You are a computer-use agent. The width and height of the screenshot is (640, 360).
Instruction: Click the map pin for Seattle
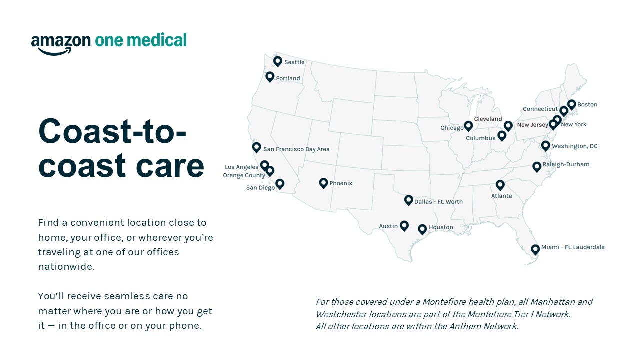click(x=278, y=61)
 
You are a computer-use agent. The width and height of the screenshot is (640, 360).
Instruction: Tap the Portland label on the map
click(x=288, y=78)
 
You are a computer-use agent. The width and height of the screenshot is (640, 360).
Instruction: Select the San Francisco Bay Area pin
click(x=256, y=147)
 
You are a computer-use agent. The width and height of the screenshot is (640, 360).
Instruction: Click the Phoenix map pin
click(x=323, y=183)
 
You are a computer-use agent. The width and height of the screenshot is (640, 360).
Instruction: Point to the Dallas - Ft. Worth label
click(x=438, y=202)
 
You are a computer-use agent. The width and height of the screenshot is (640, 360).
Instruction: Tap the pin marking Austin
click(x=404, y=225)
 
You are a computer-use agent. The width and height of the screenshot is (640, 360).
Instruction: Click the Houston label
click(x=441, y=227)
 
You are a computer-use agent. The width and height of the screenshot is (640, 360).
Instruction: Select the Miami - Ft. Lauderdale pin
click(x=535, y=249)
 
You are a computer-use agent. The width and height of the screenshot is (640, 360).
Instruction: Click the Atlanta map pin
click(x=500, y=185)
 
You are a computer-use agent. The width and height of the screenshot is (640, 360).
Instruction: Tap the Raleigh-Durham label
click(x=566, y=164)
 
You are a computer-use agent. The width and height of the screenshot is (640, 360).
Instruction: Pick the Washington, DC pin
click(x=546, y=145)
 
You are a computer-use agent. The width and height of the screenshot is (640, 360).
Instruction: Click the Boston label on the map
click(x=587, y=105)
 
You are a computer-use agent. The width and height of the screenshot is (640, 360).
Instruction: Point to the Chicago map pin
click(x=468, y=126)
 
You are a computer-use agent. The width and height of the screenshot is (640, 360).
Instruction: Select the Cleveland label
click(x=488, y=119)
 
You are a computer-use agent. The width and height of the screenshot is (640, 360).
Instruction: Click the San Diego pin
click(x=280, y=184)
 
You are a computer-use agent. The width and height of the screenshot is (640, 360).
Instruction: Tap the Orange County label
click(x=244, y=176)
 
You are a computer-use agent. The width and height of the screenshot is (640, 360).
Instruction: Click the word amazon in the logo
click(x=61, y=41)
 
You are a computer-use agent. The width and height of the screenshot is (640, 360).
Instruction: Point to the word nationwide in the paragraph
click(x=66, y=266)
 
